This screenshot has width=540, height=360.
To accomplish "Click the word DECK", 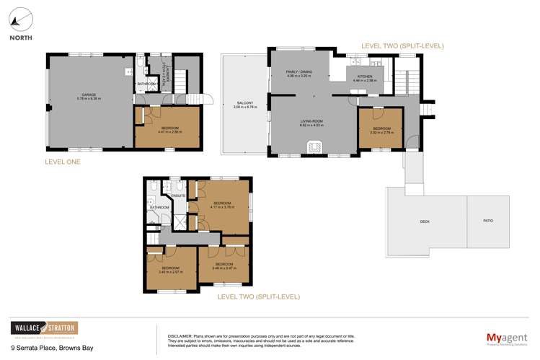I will pyautogui.click(x=425, y=221).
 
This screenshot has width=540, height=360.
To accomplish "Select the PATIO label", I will pyautogui.click(x=490, y=221).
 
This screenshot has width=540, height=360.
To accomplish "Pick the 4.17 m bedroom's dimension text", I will pyautogui.click(x=223, y=208).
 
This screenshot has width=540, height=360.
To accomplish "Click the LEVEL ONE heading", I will pyautogui.click(x=61, y=162).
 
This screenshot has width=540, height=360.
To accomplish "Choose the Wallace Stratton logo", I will pyautogui.click(x=43, y=329).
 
